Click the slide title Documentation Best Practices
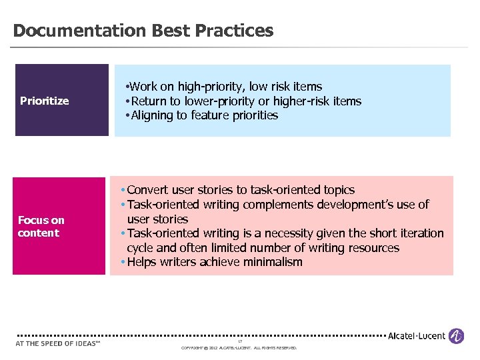(143, 31)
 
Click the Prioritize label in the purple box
(45, 101)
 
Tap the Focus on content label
(41, 227)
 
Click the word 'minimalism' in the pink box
(273, 262)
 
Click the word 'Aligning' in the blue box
(153, 115)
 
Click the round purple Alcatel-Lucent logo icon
(456, 336)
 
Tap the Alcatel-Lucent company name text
(417, 336)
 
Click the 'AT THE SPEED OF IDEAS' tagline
(57, 343)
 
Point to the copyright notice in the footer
(239, 348)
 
